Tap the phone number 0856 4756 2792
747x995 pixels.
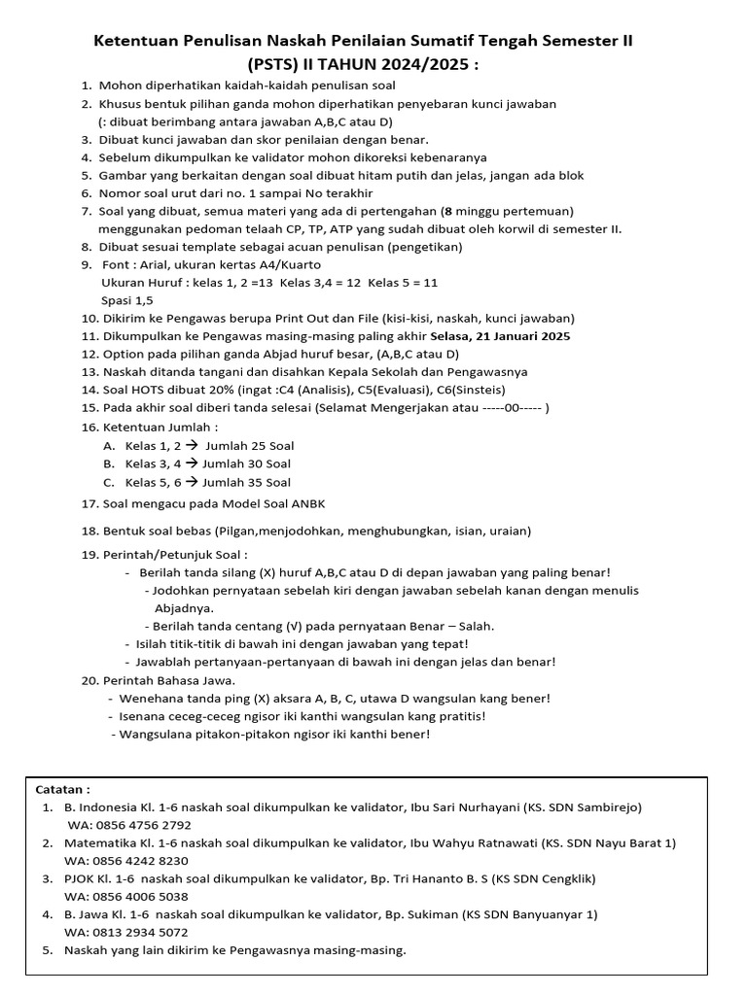143,825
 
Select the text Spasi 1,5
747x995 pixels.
127,300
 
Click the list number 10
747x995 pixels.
89,318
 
